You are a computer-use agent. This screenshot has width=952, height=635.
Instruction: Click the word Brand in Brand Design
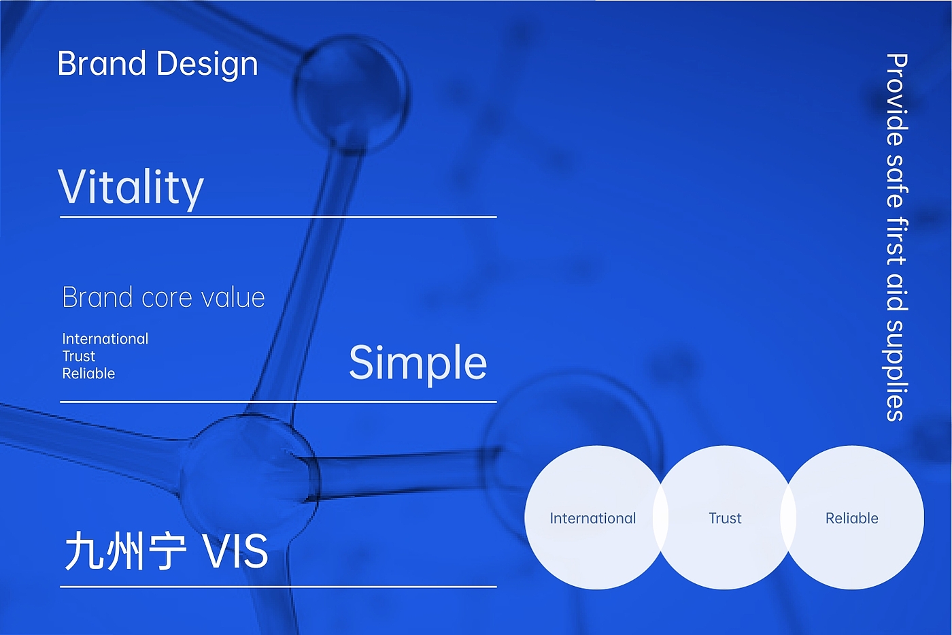(x=102, y=63)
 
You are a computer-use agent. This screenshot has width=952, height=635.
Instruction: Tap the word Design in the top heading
(x=207, y=65)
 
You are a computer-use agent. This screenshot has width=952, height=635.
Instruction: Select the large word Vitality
(x=131, y=188)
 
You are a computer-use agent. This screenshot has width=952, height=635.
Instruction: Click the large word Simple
(x=418, y=363)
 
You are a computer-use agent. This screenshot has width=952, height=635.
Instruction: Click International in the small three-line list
(x=105, y=339)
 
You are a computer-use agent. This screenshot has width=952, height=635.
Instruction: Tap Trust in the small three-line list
(x=79, y=357)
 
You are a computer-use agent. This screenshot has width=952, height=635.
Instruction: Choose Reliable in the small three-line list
(x=88, y=374)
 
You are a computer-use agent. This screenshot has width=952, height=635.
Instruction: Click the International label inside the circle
(x=593, y=519)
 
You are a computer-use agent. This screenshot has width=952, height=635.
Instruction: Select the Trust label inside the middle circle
(x=725, y=519)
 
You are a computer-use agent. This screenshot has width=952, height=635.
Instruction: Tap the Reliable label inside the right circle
(x=851, y=519)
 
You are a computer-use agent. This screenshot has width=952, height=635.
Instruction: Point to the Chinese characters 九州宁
(x=126, y=551)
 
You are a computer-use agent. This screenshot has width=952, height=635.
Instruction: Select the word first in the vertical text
(x=897, y=242)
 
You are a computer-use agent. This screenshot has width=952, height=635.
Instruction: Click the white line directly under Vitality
(x=278, y=217)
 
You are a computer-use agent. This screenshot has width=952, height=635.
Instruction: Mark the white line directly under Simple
(x=278, y=402)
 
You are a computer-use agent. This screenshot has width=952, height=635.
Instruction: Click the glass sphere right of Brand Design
(x=351, y=93)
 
